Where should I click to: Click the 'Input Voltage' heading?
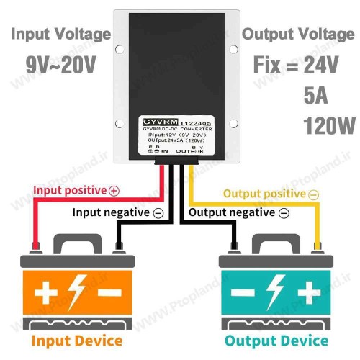tap(61, 35)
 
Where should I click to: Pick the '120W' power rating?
tap(319, 127)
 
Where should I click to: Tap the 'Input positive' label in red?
tap(70, 191)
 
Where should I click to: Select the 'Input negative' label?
tap(112, 213)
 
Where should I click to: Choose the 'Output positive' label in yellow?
tap(265, 194)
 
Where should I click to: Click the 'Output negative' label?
tap(233, 213)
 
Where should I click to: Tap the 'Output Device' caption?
tap(276, 340)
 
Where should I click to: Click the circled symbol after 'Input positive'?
tap(114, 191)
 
